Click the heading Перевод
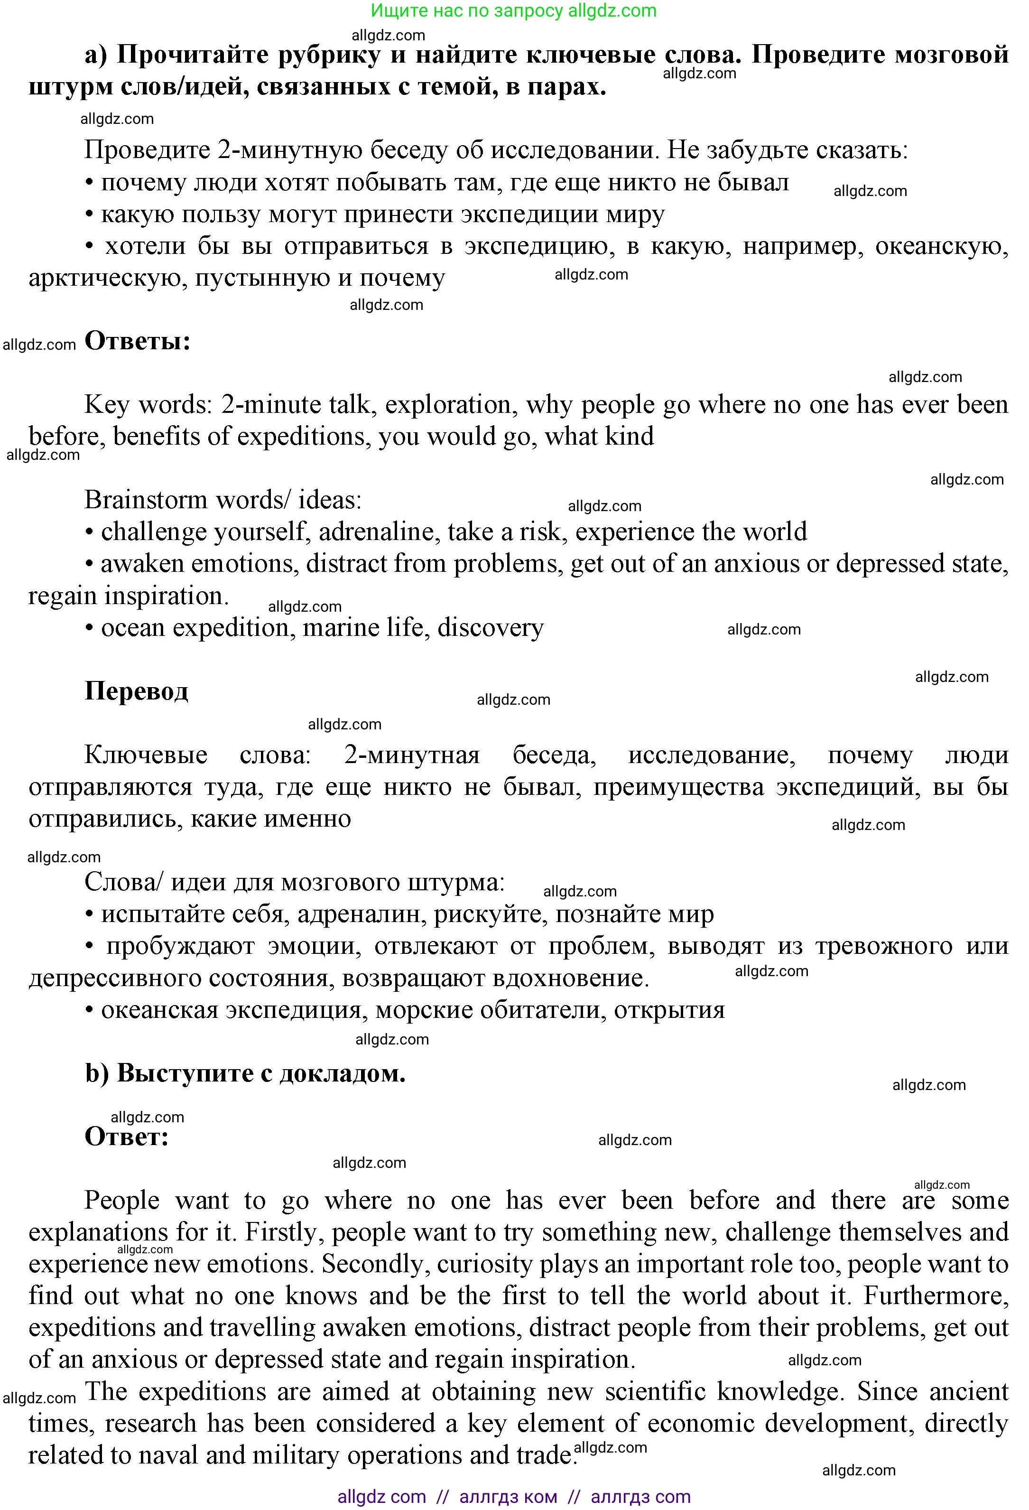tap(137, 690)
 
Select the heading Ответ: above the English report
tap(127, 1136)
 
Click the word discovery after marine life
tap(491, 628)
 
